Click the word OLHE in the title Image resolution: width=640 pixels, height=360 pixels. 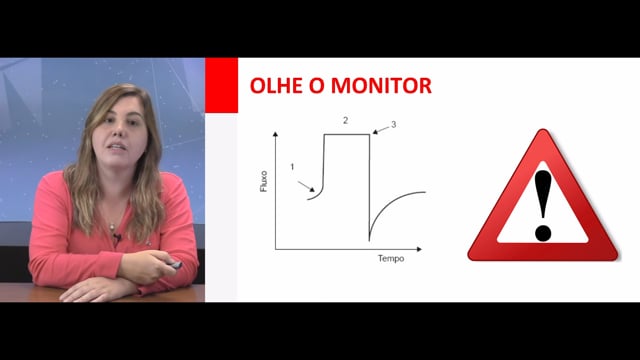pos(277,86)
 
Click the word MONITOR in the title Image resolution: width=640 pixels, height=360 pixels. pos(381,86)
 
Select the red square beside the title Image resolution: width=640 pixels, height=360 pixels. pos(221,85)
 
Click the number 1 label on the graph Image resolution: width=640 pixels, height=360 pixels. pos(292,167)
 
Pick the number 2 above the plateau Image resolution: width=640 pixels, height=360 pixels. pos(346,120)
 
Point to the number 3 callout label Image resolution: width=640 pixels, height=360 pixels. pos(393,124)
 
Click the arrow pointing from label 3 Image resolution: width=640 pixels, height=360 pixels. pos(381,130)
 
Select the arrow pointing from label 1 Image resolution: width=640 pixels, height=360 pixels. pos(306,186)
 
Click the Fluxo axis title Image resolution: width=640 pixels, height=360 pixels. pos(264,181)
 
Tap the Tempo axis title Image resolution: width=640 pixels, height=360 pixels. pos(391,258)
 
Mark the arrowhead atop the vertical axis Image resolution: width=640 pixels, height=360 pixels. pos(276,134)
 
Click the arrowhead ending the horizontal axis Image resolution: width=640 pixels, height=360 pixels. pos(419,249)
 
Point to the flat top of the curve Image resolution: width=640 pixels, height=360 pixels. pos(347,134)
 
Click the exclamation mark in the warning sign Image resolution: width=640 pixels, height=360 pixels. pos(543,205)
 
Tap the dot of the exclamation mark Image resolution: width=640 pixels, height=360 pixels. pos(543,233)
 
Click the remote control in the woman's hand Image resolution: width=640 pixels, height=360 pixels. pos(174,265)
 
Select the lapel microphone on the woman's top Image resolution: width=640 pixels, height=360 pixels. pos(117,236)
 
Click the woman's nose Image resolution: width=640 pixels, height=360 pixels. pos(119,130)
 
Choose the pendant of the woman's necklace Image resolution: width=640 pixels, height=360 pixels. pos(110,226)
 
